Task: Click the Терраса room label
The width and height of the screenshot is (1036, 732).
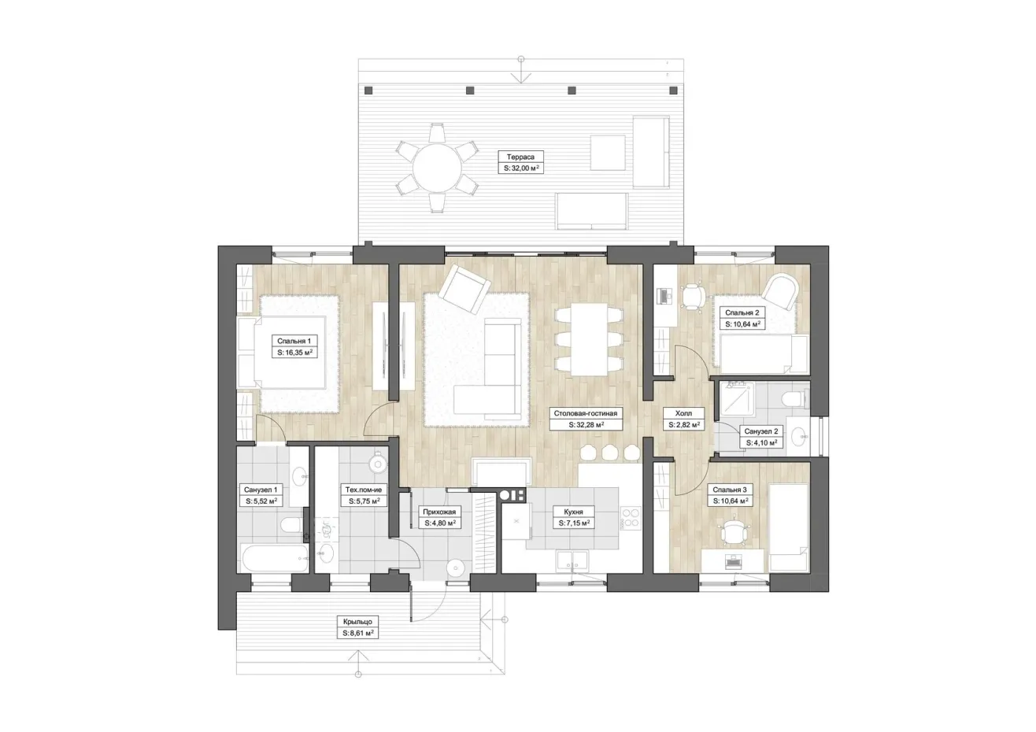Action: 520,157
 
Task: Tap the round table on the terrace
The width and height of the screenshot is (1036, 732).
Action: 437,168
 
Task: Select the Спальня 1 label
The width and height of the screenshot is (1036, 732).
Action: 294,341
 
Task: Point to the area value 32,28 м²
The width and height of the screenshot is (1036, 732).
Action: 586,424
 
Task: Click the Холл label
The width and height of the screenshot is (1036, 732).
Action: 683,413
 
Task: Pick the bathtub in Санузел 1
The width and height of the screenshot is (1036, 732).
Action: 275,558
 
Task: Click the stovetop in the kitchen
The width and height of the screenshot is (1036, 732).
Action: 631,519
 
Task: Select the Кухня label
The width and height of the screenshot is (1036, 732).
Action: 573,512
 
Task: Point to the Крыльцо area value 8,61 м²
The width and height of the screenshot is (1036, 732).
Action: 357,633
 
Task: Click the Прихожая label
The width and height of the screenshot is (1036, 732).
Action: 439,512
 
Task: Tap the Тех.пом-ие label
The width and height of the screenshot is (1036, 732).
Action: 364,490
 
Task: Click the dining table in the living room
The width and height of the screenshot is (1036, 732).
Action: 589,339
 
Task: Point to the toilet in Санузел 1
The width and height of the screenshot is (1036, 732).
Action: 293,526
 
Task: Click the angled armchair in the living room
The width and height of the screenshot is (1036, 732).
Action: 464,289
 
